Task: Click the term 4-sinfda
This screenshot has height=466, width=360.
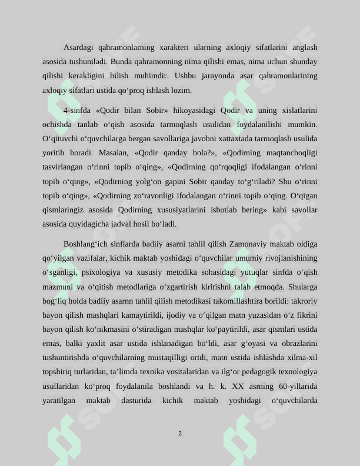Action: point(76,110)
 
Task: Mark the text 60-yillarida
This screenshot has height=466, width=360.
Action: point(300,386)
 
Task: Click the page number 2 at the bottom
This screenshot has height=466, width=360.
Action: point(180,434)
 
